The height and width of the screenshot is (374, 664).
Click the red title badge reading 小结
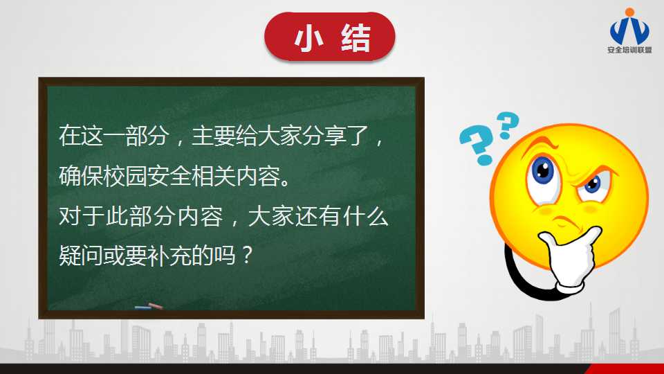(329, 37)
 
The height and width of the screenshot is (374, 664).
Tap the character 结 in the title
(356, 37)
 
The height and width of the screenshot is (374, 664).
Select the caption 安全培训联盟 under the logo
(629, 50)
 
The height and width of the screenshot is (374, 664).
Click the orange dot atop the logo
(629, 12)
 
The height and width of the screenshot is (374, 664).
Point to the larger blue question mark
(477, 145)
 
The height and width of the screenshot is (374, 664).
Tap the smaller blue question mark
(507, 125)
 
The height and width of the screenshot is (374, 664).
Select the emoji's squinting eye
(593, 184)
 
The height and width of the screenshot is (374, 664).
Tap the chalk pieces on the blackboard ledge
(149, 306)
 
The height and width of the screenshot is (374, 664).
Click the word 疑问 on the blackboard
(80, 256)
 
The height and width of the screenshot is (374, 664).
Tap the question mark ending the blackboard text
(246, 256)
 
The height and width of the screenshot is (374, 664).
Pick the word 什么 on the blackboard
(366, 216)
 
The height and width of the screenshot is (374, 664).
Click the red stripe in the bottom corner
(626, 368)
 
